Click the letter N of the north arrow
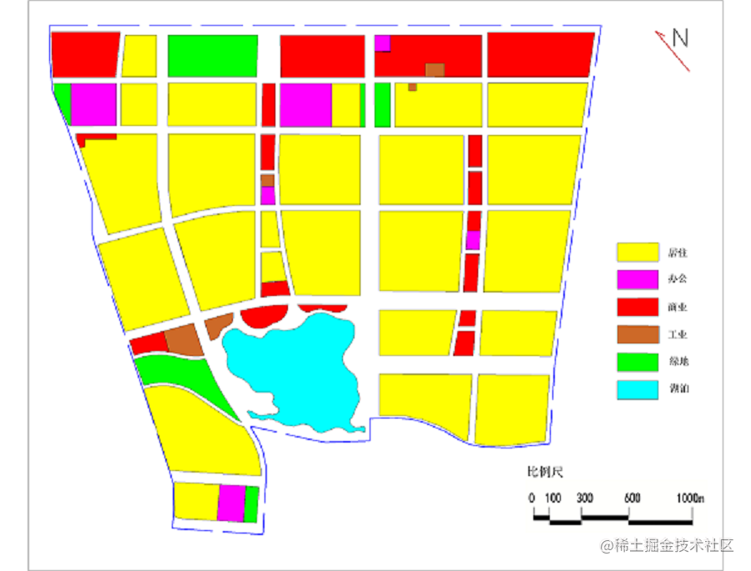[x=681, y=38]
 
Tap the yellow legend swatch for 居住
[x=637, y=252]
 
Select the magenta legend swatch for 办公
[x=637, y=279]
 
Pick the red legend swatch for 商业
[x=637, y=307]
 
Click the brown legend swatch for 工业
[x=637, y=334]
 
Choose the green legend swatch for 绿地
[x=637, y=362]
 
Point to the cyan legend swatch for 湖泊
[x=637, y=389]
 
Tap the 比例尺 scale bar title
[x=545, y=473]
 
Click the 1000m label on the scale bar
[x=692, y=498]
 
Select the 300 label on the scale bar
[x=584, y=498]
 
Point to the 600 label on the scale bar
[x=632, y=498]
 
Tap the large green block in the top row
[x=212, y=56]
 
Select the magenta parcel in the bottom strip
[x=231, y=503]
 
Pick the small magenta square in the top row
[x=383, y=43]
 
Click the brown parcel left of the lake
[x=184, y=340]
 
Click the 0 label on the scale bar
[x=532, y=498]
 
